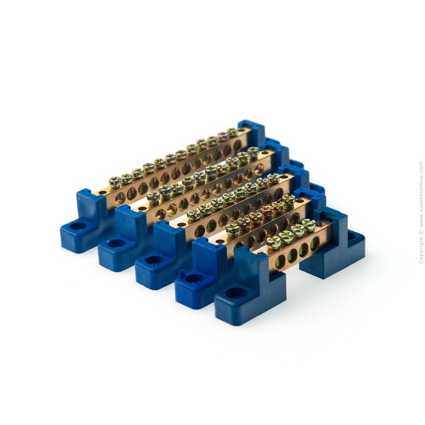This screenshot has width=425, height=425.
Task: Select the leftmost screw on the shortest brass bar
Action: click(273, 242)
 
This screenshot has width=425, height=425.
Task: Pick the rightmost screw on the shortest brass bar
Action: click(309, 225)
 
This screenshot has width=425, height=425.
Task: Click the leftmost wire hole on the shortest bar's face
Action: click(280, 261)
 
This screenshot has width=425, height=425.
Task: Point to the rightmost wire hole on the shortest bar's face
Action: click(315, 243)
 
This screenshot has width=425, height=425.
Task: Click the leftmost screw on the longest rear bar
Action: click(115, 183)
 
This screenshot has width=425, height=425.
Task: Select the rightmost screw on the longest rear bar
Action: click(232, 132)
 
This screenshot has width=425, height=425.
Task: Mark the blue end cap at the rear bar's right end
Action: click(251, 133)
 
